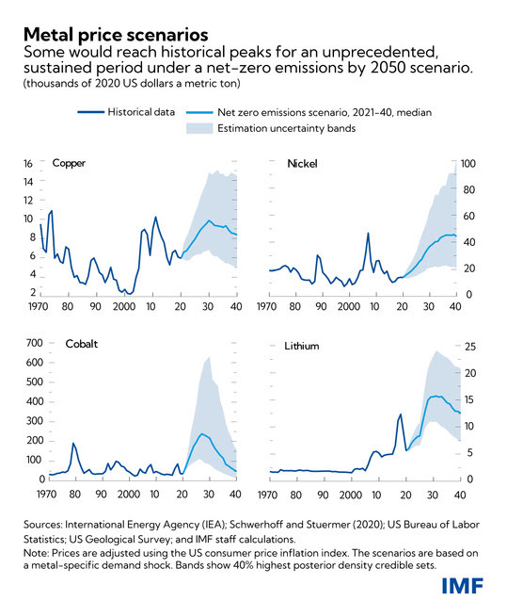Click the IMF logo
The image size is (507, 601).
463,586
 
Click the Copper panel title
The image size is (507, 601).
69,163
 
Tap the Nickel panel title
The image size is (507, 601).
302,164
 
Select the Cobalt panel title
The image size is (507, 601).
82,344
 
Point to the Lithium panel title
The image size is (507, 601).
302,346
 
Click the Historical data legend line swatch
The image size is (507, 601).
90,112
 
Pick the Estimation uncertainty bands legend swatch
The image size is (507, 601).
199,128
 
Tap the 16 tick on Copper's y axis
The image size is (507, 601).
28,164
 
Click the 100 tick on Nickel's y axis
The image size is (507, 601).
468,164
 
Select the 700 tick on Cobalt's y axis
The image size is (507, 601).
35,343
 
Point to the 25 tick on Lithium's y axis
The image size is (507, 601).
470,347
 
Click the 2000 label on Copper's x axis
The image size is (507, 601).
124,307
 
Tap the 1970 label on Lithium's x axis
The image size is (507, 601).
267,495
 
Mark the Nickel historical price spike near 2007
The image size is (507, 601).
368,233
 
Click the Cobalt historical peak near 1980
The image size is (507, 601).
72,444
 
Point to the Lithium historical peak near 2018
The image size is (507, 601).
401,414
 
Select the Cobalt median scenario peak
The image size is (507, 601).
201,434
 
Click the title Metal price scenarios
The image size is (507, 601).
116,35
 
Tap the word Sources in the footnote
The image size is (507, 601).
42,525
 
